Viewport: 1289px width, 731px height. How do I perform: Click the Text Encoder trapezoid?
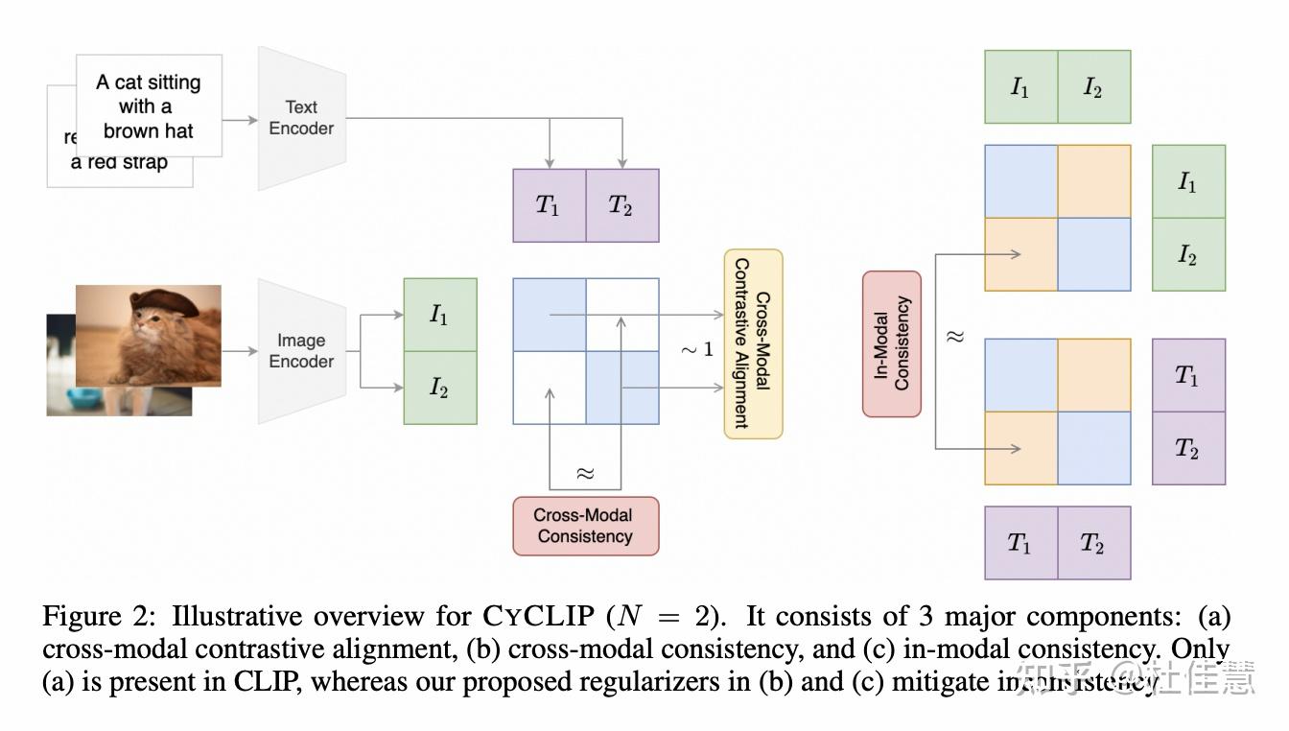[x=301, y=118]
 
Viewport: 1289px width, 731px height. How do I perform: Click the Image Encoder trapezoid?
[x=301, y=351]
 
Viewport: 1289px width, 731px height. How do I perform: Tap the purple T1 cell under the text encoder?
[x=549, y=205]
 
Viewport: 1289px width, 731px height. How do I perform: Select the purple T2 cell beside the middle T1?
[x=621, y=205]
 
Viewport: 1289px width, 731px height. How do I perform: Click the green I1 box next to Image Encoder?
[x=439, y=315]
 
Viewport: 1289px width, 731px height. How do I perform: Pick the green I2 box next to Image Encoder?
[x=439, y=388]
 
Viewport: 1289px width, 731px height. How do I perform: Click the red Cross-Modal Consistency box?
[x=585, y=526]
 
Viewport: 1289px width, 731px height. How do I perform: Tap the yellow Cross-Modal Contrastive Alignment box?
[x=753, y=343]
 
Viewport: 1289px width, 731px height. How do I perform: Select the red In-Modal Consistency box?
[x=891, y=343]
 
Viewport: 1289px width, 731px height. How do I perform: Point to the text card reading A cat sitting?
[x=149, y=106]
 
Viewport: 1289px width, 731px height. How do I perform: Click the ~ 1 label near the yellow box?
[x=697, y=349]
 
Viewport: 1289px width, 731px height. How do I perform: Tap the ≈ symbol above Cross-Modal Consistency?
[x=585, y=473]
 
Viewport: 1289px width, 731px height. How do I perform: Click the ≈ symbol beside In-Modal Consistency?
[x=955, y=337]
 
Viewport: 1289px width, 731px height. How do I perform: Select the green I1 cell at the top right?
[x=1020, y=87]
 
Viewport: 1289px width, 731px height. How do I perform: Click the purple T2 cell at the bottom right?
[x=1093, y=543]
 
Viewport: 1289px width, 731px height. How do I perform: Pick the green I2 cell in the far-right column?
[x=1188, y=254]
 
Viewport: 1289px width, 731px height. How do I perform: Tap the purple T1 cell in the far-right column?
[x=1188, y=375]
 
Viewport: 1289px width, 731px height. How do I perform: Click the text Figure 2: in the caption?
[x=92, y=616]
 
